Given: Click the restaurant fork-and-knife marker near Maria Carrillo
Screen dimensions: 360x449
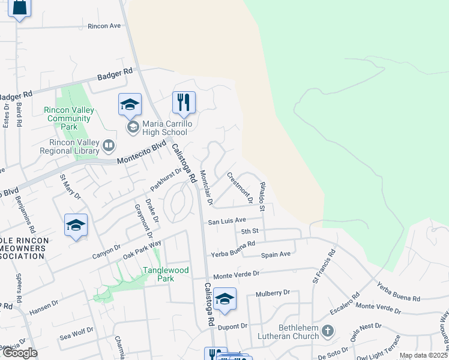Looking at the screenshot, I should point(184,103).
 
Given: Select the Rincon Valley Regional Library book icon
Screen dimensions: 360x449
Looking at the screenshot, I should point(109,145).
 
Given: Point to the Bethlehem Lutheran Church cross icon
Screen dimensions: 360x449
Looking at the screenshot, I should point(327,331).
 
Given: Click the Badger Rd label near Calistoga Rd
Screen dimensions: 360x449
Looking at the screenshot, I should point(115,75).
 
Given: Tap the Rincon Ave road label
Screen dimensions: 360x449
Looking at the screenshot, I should point(104,26).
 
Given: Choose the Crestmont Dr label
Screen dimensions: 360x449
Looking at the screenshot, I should point(239,186).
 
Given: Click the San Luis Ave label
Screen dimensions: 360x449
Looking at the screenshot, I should point(227,221).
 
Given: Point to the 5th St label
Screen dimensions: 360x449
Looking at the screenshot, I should point(249,231).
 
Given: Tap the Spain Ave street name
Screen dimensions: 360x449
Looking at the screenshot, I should point(276,254).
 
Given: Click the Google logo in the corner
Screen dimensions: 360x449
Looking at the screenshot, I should point(19,353).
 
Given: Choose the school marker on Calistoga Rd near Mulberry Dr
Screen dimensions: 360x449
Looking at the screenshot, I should point(224,299).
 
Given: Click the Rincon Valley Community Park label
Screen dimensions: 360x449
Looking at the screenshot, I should point(69,118).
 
